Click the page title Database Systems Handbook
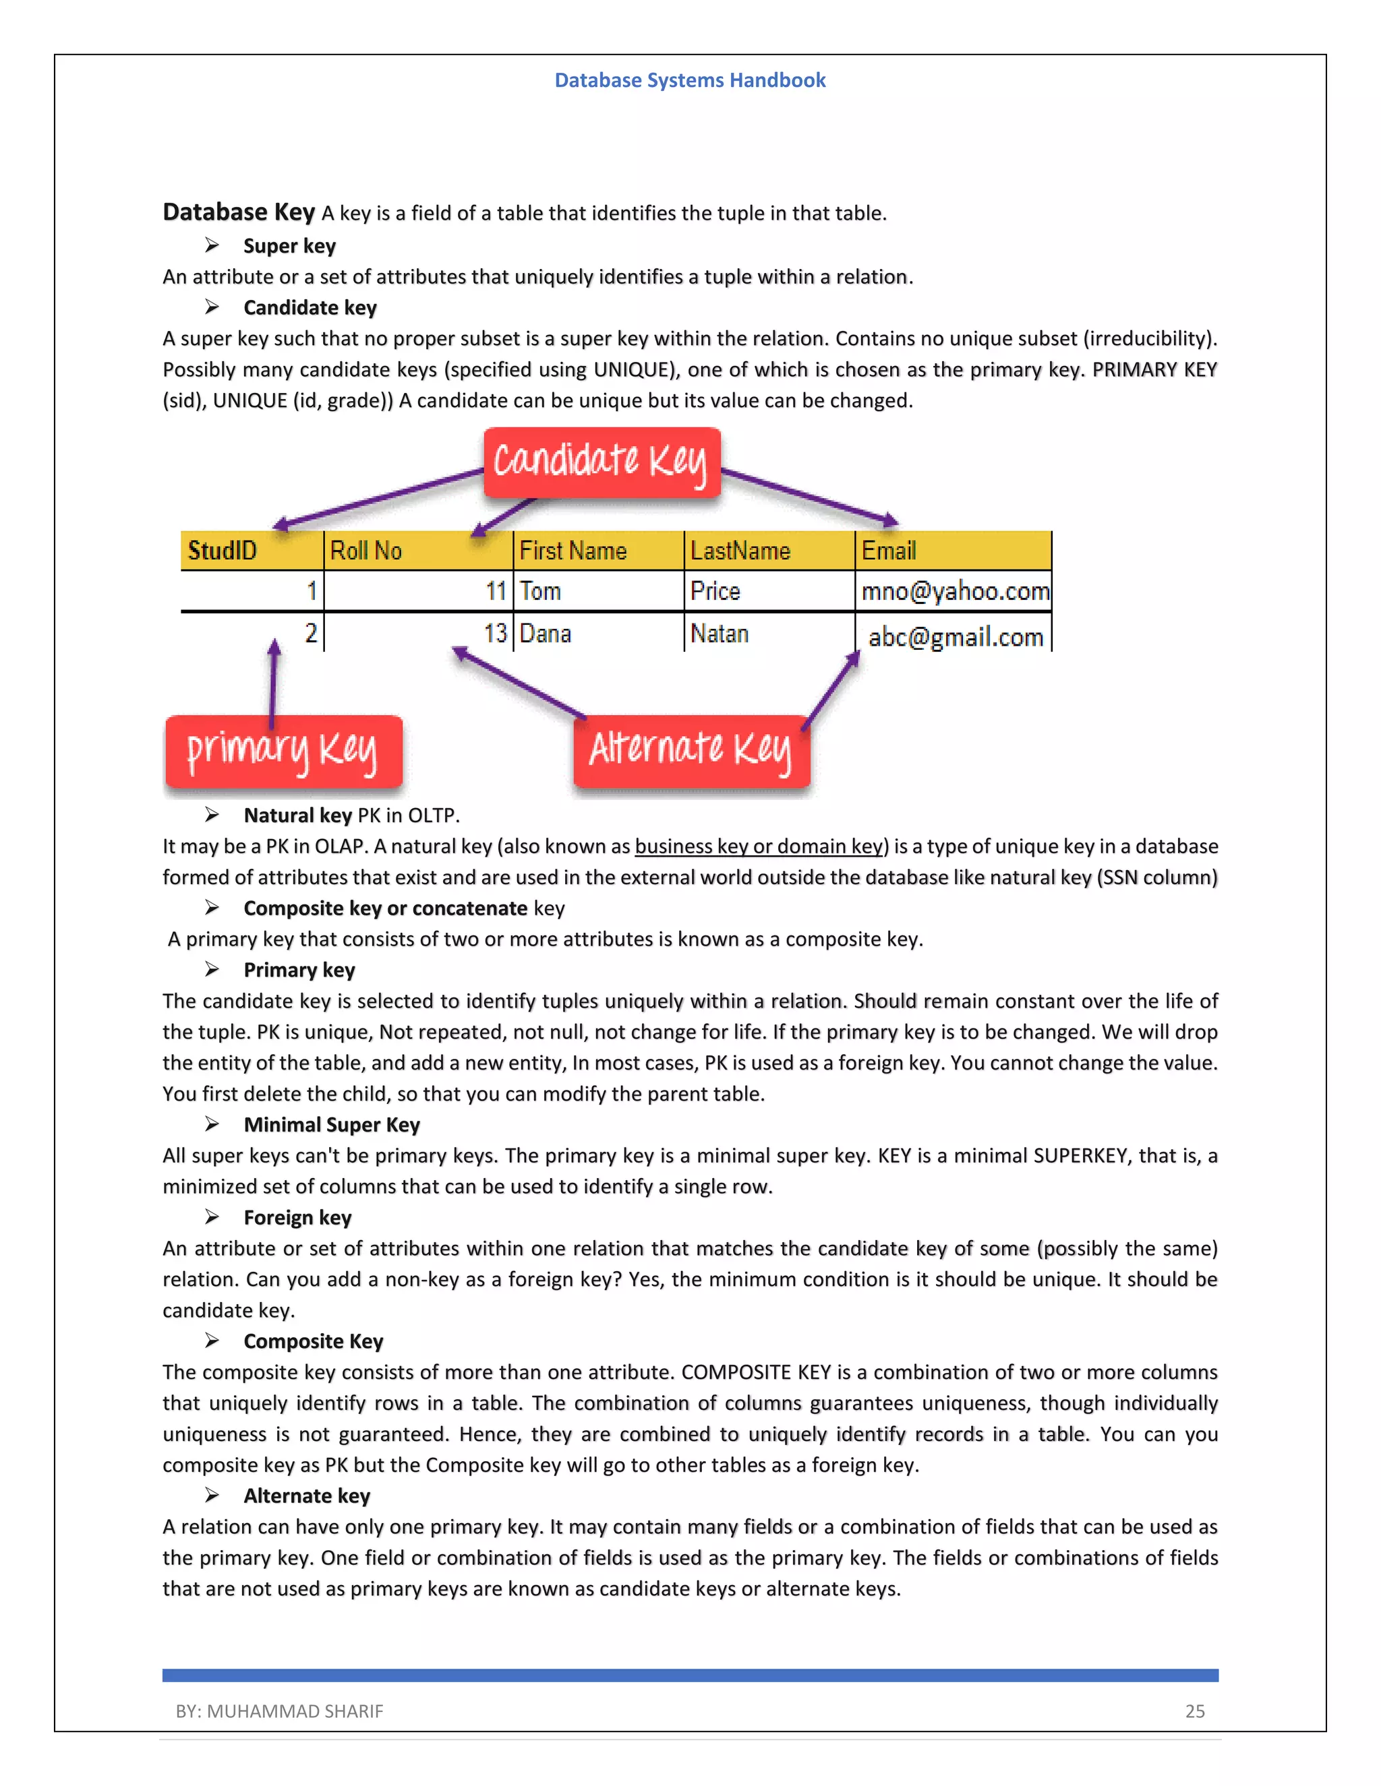click(690, 80)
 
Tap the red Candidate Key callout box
click(601, 462)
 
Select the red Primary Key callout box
click(283, 751)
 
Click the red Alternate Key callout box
click(691, 751)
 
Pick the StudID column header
click(223, 551)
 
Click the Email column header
click(889, 551)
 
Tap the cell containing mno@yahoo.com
click(954, 591)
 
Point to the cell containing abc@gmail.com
click(955, 636)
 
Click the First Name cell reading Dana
click(546, 634)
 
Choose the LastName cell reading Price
click(716, 591)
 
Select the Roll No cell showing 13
click(495, 634)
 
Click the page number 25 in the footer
click(1194, 1711)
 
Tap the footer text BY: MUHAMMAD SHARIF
click(279, 1711)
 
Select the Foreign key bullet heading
click(297, 1218)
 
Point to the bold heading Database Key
click(238, 212)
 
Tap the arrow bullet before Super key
click(212, 245)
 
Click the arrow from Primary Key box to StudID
click(273, 683)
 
